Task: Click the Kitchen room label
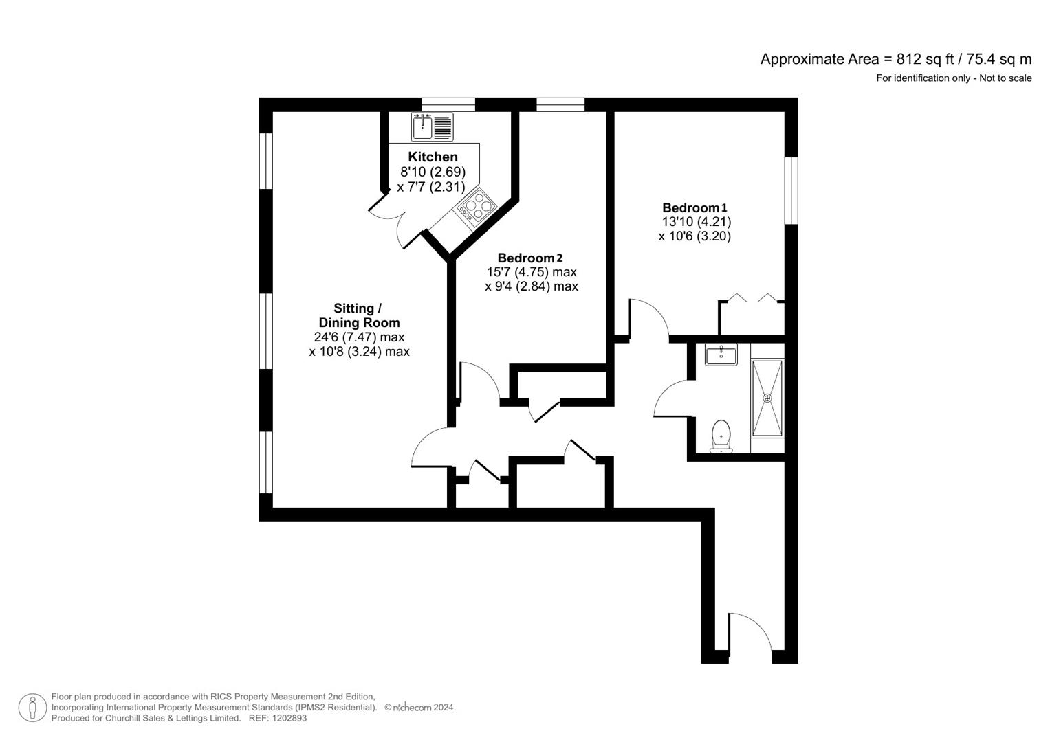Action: tap(433, 157)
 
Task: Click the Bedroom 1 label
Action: tap(694, 207)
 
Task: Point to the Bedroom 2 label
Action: tap(530, 258)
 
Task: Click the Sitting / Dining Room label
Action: tap(359, 315)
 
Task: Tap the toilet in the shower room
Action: tap(721, 436)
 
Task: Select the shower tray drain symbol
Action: tap(767, 398)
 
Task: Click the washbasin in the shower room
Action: tap(721, 354)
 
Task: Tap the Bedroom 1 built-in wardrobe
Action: tap(752, 317)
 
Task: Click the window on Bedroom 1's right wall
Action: tap(791, 190)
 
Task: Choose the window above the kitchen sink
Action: tap(448, 104)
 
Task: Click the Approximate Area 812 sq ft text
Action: tap(895, 59)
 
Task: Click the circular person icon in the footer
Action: tap(32, 708)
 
